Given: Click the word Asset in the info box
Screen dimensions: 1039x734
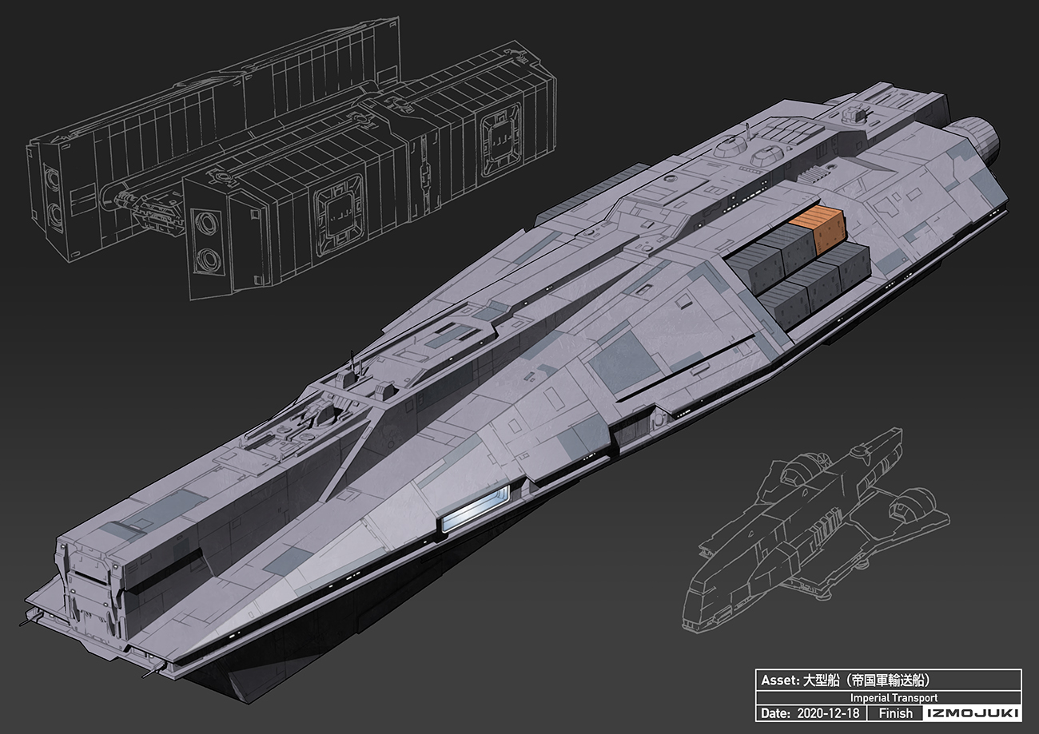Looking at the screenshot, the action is pyautogui.click(x=779, y=680).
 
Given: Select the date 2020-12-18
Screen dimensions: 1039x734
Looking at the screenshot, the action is pyautogui.click(x=828, y=713).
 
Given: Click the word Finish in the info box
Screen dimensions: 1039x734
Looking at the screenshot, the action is pyautogui.click(x=895, y=713).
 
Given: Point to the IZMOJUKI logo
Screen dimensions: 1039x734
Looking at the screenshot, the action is pyautogui.click(x=972, y=713).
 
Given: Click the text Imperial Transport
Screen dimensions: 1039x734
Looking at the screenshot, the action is pyautogui.click(x=894, y=697).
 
